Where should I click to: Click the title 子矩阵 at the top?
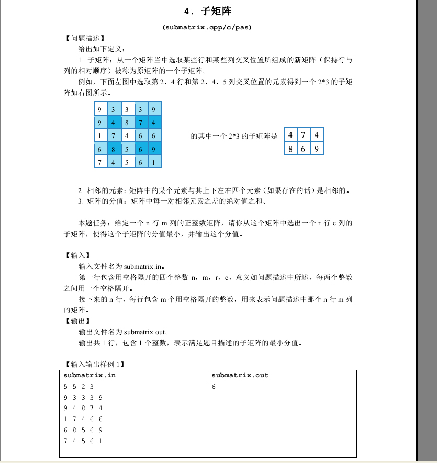[208, 11]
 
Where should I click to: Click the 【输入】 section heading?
[77, 255]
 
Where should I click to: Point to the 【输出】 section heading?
[77, 321]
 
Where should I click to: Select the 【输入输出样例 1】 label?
[95, 364]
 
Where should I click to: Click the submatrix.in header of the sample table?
[89, 375]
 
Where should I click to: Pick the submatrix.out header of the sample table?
[240, 375]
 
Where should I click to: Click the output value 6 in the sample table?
[214, 388]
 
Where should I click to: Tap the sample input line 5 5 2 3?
[79, 387]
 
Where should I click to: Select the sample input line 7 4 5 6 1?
[83, 441]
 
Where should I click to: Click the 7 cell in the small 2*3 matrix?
[304, 134]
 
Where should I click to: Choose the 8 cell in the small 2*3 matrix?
[290, 149]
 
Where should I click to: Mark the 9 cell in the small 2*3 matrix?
[317, 149]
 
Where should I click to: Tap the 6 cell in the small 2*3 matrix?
[304, 149]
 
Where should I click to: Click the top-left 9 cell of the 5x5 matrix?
[100, 109]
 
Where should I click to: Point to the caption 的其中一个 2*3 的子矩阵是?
[234, 136]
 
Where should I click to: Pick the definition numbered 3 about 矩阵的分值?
[173, 201]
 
